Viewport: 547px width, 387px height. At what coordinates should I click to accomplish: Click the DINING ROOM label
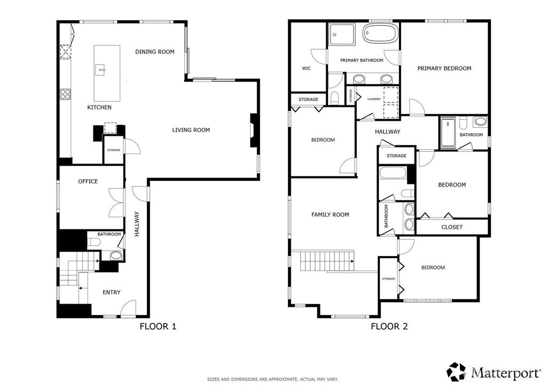(x=154, y=52)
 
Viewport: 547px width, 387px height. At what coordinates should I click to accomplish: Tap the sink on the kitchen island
(x=101, y=70)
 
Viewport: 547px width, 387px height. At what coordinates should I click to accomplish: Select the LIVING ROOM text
(x=191, y=130)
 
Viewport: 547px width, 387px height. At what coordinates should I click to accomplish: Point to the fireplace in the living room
(x=253, y=129)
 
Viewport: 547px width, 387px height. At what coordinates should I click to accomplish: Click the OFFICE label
(x=88, y=181)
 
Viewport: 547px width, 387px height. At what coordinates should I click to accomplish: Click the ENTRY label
(x=111, y=292)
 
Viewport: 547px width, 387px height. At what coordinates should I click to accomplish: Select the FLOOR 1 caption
(x=158, y=326)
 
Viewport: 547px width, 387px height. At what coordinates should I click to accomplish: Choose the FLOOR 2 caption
(x=389, y=326)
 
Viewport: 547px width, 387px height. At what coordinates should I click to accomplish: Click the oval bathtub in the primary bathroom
(x=380, y=34)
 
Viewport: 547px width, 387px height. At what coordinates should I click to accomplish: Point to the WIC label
(x=306, y=68)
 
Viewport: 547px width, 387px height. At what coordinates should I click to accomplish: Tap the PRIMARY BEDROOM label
(x=444, y=68)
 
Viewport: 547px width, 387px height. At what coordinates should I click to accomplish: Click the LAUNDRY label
(x=374, y=99)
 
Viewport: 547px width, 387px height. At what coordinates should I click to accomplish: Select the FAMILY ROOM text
(x=330, y=214)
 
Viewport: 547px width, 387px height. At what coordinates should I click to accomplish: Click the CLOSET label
(x=452, y=227)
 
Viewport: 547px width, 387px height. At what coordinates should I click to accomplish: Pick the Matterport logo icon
(x=457, y=371)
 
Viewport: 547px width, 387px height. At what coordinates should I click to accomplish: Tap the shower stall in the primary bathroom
(x=341, y=34)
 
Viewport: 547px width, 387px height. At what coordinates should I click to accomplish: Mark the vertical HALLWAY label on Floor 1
(x=137, y=223)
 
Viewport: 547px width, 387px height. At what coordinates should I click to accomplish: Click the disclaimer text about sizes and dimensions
(x=272, y=379)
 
